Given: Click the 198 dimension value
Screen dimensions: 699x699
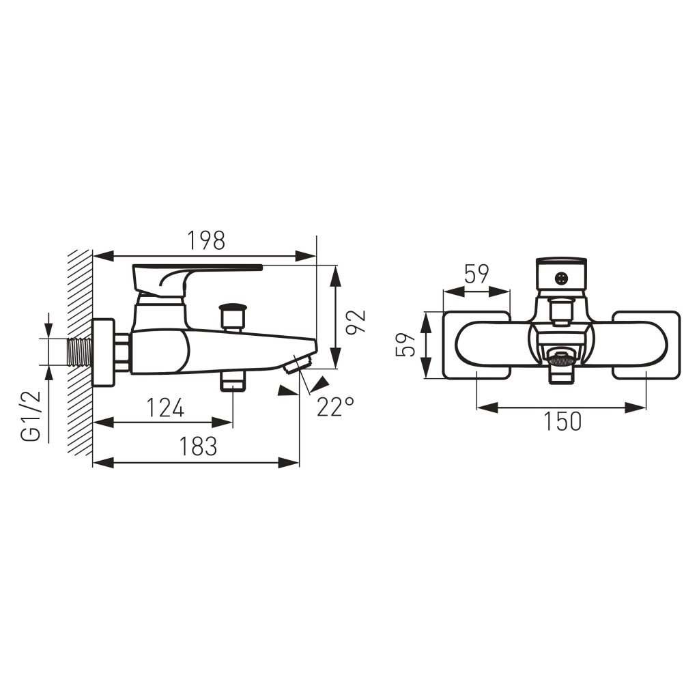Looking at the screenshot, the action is coord(206,241).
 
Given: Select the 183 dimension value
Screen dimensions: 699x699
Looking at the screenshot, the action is coord(198,446).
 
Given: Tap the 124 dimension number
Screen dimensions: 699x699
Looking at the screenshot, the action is coord(165,408).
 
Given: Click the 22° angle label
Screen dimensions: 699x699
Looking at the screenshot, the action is coord(336,406).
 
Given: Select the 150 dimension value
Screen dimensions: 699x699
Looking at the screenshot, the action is coord(562,421).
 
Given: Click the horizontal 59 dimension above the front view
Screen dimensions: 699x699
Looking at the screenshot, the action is coord(476,274).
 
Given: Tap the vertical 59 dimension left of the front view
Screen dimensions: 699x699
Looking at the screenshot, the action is coord(405,345).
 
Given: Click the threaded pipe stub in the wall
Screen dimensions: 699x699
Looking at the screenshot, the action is coord(79,352).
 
